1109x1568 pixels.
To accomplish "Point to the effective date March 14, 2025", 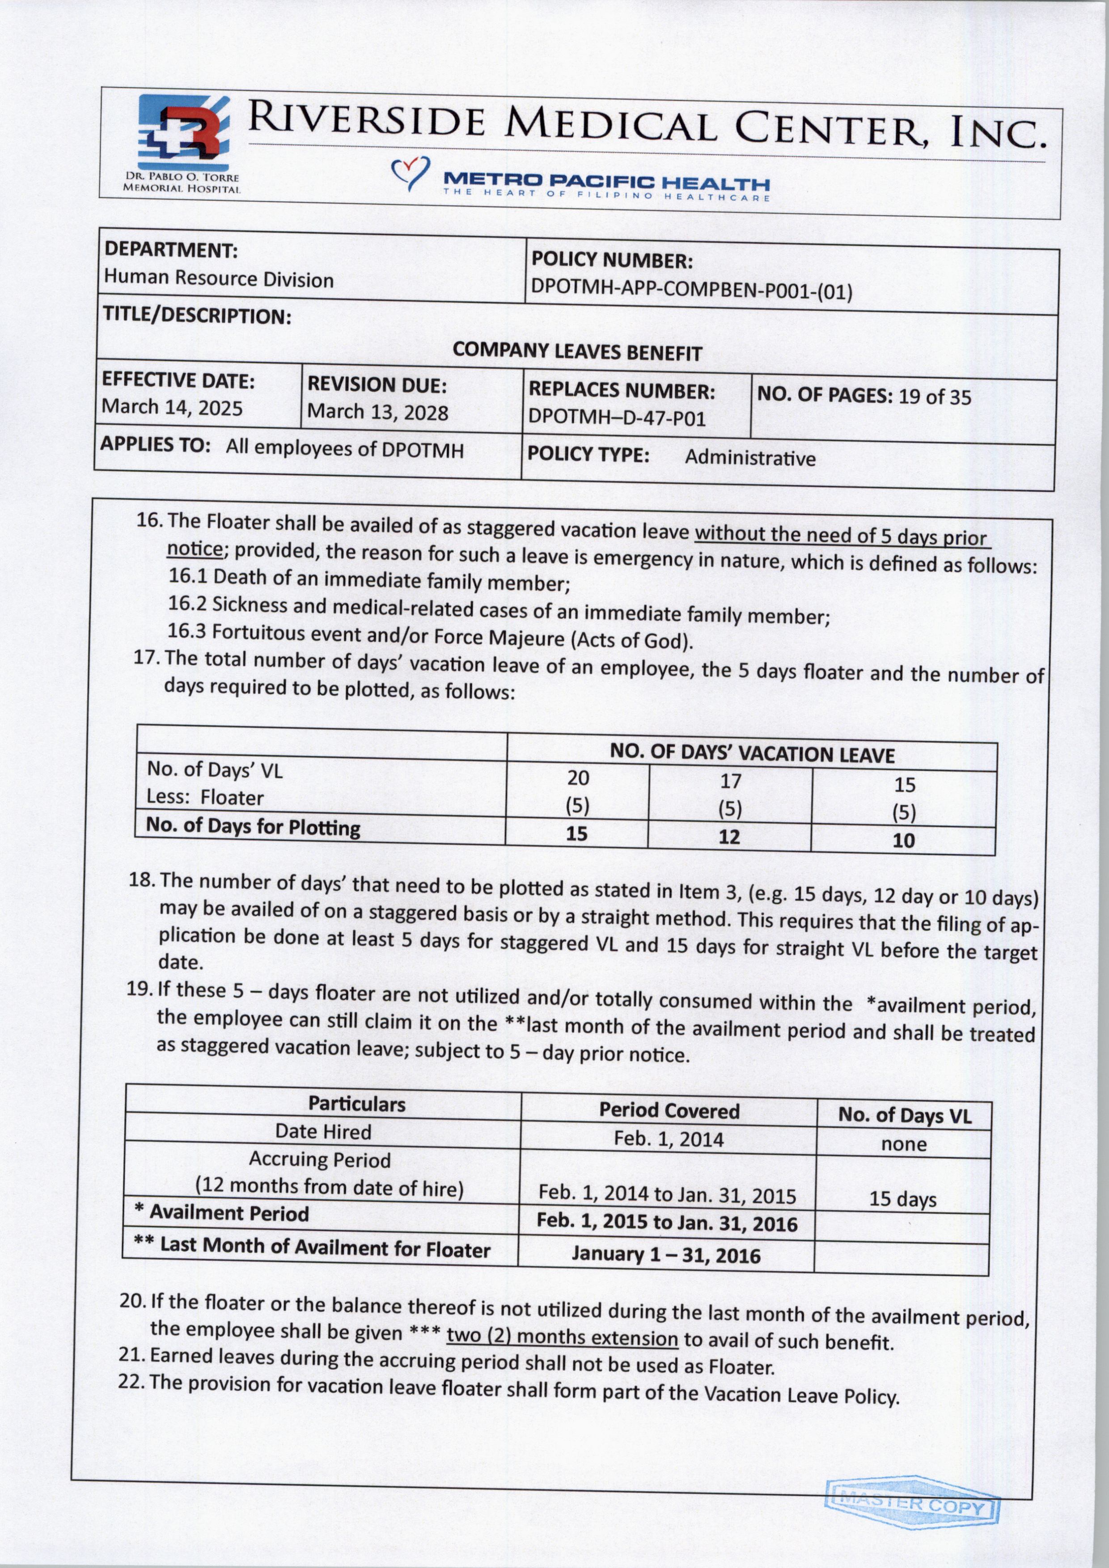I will [x=172, y=408].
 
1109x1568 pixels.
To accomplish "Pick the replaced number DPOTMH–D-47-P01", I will [x=617, y=417].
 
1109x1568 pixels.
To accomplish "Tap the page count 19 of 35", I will [x=934, y=397].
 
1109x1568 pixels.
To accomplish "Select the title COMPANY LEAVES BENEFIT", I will [x=577, y=352].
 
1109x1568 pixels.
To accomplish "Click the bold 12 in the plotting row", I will [x=729, y=837].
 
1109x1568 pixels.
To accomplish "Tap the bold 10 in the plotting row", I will [x=903, y=841].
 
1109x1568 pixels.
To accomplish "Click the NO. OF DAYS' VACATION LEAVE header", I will [x=752, y=754].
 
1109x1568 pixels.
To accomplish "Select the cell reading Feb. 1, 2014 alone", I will [x=669, y=1139].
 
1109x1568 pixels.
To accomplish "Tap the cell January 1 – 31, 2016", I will [x=666, y=1255].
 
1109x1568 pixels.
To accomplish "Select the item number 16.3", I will [x=188, y=632].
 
